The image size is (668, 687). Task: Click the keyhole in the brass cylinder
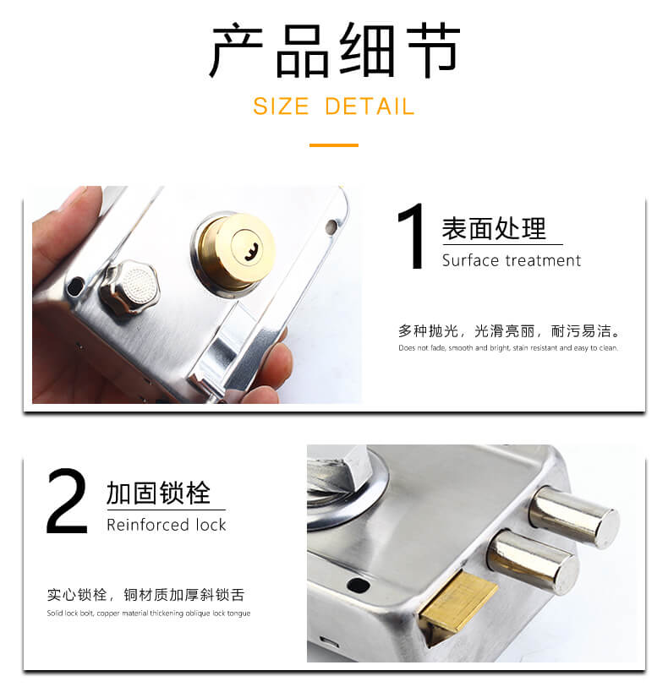tap(252, 253)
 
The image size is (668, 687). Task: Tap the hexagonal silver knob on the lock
tap(129, 286)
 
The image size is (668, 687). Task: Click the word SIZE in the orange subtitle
tap(281, 106)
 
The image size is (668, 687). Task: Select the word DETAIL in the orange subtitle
tap(370, 106)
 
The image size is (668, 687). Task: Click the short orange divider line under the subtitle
tap(334, 145)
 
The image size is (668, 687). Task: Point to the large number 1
tap(412, 236)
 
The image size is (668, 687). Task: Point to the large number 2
tap(67, 501)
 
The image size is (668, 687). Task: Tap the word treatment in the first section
tap(543, 260)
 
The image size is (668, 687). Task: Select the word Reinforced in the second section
tap(148, 525)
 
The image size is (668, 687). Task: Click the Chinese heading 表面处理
tap(494, 228)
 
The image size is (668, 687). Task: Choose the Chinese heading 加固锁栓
tap(158, 493)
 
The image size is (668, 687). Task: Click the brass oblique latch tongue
tap(457, 603)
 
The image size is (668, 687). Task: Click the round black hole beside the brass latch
tap(359, 585)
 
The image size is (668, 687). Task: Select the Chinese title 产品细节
tap(335, 50)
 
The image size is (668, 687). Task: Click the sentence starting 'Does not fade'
tap(508, 348)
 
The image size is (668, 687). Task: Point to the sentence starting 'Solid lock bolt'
tap(149, 613)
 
